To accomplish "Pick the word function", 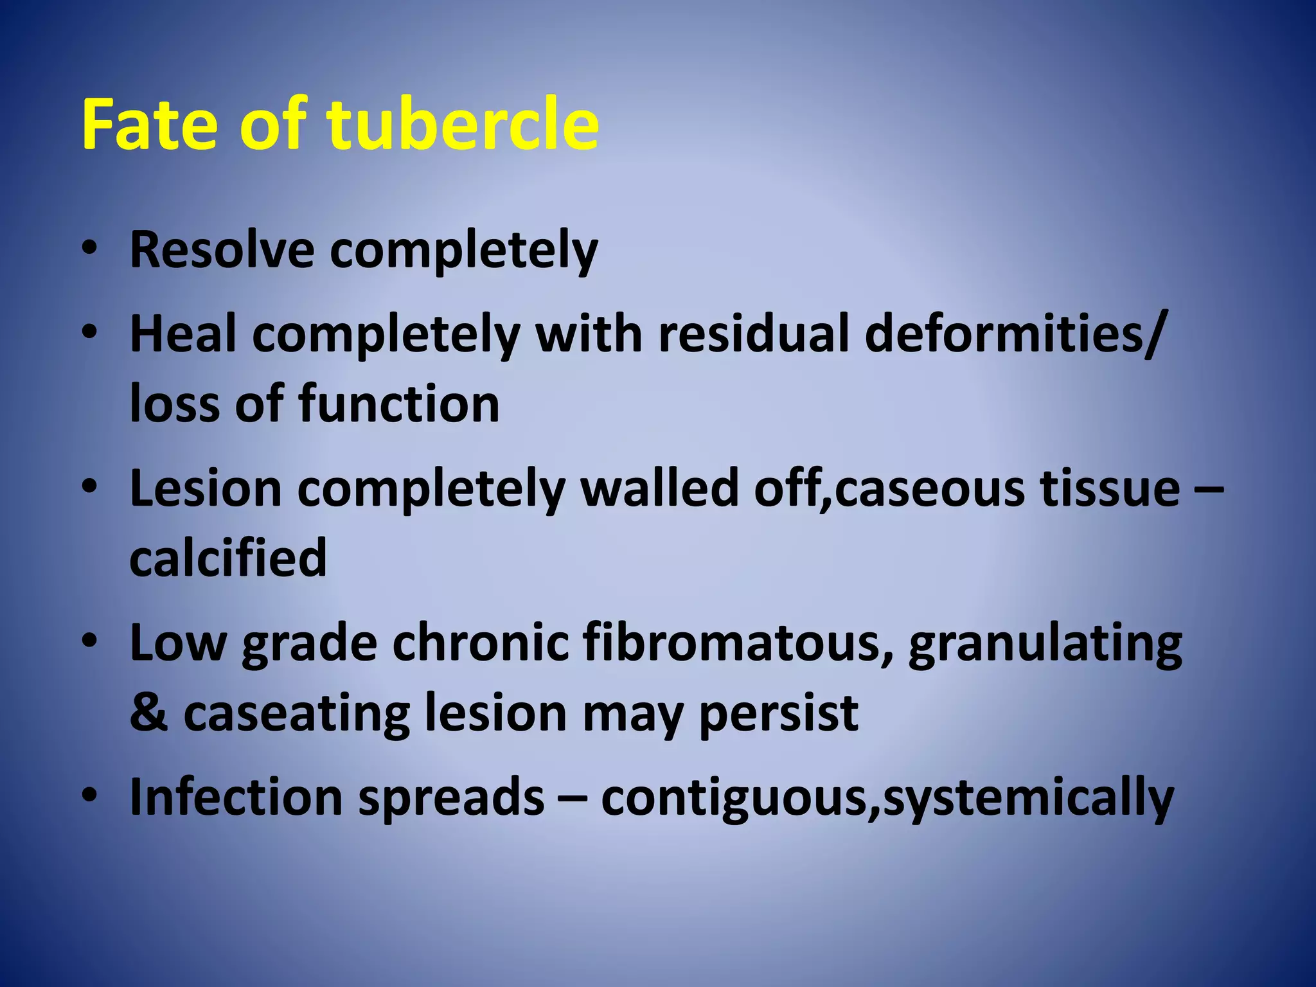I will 399,404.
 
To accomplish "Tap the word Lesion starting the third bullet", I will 206,489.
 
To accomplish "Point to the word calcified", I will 228,558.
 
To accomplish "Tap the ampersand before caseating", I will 148,713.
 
